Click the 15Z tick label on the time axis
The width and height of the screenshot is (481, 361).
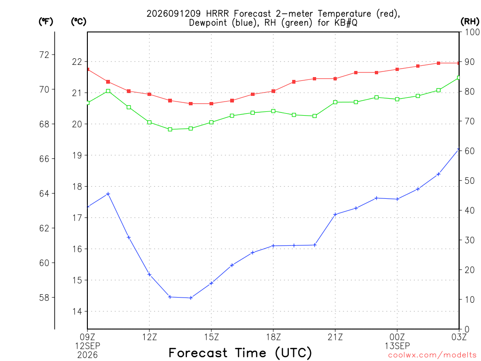[x=211, y=337]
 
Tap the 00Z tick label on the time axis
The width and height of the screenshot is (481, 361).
[x=397, y=337]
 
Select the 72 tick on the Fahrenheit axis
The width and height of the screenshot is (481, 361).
[x=44, y=55]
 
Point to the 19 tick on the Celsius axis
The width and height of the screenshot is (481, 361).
[x=78, y=155]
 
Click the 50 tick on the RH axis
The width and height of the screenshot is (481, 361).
[x=469, y=180]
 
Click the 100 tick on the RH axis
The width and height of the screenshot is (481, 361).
[x=472, y=32]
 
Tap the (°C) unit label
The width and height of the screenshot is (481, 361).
[x=78, y=22]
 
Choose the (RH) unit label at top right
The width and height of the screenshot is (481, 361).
[x=470, y=22]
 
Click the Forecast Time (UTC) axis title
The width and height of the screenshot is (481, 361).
[x=240, y=353]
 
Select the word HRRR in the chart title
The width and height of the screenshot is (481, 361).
[x=217, y=14]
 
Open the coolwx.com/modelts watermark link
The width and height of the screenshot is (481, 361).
[x=432, y=355]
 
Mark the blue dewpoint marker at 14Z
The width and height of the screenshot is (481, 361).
[x=191, y=298]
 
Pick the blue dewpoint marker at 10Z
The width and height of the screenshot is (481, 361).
[x=108, y=194]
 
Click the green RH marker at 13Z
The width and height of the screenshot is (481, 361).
[x=170, y=130]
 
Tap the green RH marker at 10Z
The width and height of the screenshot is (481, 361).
[x=108, y=91]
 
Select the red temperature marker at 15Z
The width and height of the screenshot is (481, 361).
[x=211, y=104]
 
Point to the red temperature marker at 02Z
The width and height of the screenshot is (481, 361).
[x=438, y=63]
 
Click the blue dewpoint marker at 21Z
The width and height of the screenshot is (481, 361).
[x=335, y=214]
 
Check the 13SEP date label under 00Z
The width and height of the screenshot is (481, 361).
[x=397, y=346]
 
